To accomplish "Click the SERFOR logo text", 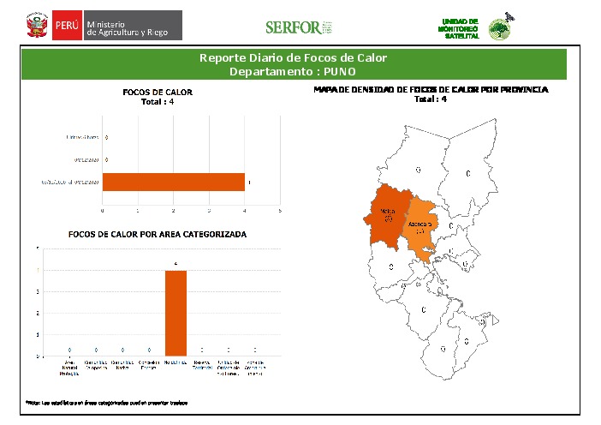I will (x=293, y=27).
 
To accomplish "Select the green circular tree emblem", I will (x=498, y=30).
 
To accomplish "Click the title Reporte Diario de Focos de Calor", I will (x=293, y=58).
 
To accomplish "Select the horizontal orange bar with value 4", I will (x=174, y=182).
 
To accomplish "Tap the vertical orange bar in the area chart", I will (x=176, y=312).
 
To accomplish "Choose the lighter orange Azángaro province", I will (x=420, y=224).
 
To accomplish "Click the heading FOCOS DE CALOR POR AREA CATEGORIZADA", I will (x=158, y=234).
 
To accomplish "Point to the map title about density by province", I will (x=431, y=89).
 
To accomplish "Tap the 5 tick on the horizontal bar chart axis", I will (x=280, y=210).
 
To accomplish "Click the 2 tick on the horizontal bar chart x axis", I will (x=174, y=210).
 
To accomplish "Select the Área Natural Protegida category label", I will (x=69, y=368).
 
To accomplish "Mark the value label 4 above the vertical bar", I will (x=176, y=263).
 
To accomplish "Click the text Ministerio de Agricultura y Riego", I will (x=133, y=29).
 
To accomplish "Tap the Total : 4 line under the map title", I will (x=431, y=99).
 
